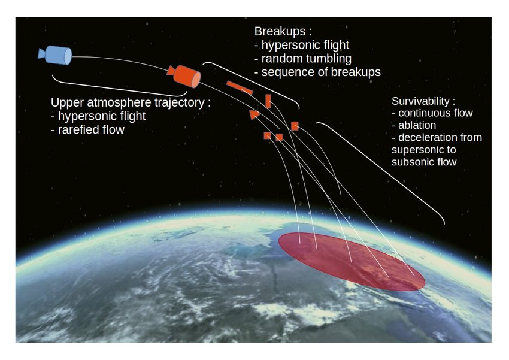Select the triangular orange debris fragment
click(254, 114)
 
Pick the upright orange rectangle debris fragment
click(268, 101)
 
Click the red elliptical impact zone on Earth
click(351, 262)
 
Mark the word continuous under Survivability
click(423, 113)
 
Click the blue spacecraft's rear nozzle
click(42, 54)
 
